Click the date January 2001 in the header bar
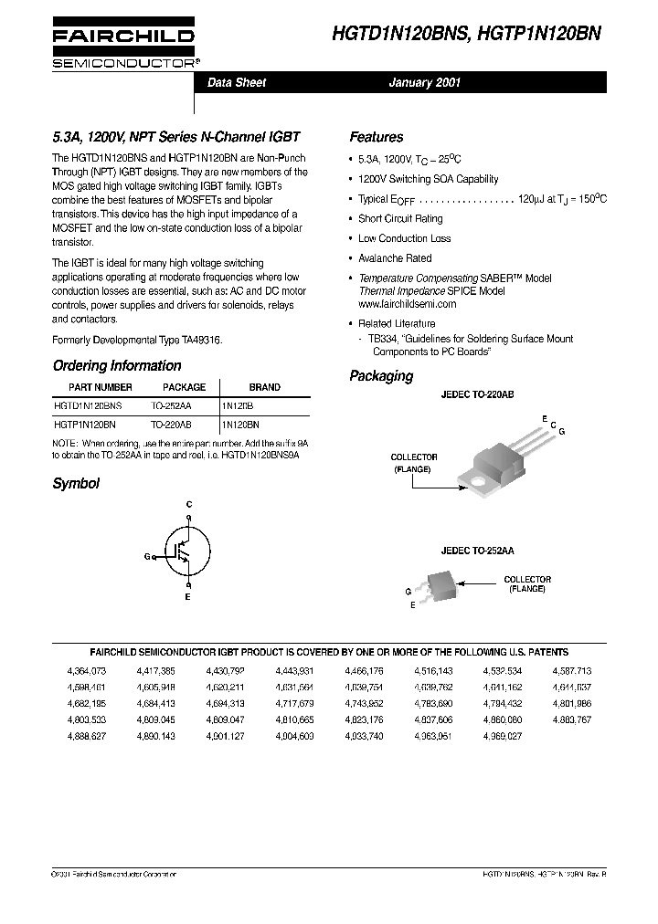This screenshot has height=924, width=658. pos(425,83)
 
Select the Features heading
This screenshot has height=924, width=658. pos(376,138)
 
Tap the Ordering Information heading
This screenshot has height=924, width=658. pos(117,366)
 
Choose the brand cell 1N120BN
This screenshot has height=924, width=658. pos(239,425)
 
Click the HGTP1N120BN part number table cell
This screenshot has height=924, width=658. pos(85,425)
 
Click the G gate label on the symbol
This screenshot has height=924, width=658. pos(146,556)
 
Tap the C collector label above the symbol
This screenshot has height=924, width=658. pos(189,504)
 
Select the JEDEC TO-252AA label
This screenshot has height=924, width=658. pos(477,551)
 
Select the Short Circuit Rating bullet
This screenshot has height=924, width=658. pos(400,219)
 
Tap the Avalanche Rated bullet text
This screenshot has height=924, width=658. pos(395,258)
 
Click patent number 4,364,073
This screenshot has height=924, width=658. pos(87,671)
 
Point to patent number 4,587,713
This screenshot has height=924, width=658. pos(572,671)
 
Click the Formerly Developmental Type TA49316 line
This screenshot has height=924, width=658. pos(137,340)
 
